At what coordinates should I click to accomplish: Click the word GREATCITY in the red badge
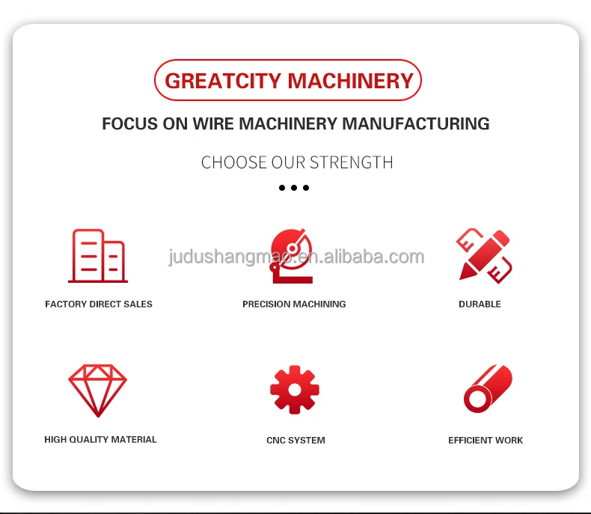pyautogui.click(x=223, y=81)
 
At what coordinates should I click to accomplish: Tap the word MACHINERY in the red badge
pyautogui.click(x=351, y=81)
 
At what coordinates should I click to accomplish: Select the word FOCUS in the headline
pyautogui.click(x=129, y=123)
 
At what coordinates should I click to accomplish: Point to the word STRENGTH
pyautogui.click(x=352, y=162)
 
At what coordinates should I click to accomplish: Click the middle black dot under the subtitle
pyautogui.click(x=294, y=188)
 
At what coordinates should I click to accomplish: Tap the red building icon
pyautogui.click(x=98, y=255)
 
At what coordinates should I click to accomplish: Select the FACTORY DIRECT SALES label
pyautogui.click(x=99, y=304)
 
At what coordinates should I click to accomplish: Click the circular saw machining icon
pyautogui.click(x=291, y=256)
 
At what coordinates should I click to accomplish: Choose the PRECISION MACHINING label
pyautogui.click(x=294, y=304)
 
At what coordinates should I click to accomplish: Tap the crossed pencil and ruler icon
pyautogui.click(x=484, y=256)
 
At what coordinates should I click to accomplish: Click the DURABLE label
pyautogui.click(x=480, y=304)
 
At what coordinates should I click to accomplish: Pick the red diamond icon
pyautogui.click(x=97, y=391)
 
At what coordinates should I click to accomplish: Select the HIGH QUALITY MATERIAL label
pyautogui.click(x=100, y=439)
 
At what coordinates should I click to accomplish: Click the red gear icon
pyautogui.click(x=295, y=390)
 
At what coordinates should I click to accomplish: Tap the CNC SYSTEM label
pyautogui.click(x=295, y=440)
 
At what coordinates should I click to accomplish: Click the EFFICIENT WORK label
pyautogui.click(x=486, y=440)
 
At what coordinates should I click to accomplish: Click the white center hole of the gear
pyautogui.click(x=295, y=390)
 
